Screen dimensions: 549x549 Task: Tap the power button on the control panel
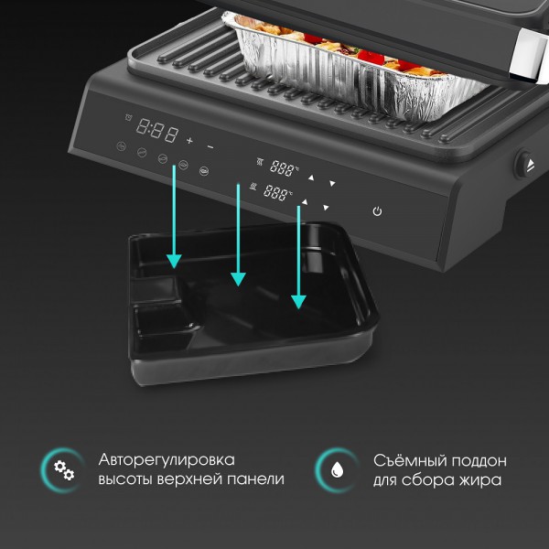pos(377,211)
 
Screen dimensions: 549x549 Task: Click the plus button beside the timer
pos(189,141)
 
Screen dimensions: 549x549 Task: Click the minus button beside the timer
pos(210,147)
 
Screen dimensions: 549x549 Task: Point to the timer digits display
pos(157,130)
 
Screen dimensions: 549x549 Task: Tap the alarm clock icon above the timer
pos(128,117)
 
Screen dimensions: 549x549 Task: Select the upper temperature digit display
pos(283,168)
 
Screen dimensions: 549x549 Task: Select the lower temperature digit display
pos(276,192)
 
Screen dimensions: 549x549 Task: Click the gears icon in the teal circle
pos(64,470)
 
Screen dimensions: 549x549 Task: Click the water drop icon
pos(337,469)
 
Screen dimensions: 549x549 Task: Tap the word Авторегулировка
pos(167,459)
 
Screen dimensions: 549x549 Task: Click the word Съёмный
pos(410,460)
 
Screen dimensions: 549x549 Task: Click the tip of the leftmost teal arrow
pos(174,268)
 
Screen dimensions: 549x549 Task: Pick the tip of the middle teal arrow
pos(238,286)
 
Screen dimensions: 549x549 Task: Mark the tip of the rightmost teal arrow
pos(298,309)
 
